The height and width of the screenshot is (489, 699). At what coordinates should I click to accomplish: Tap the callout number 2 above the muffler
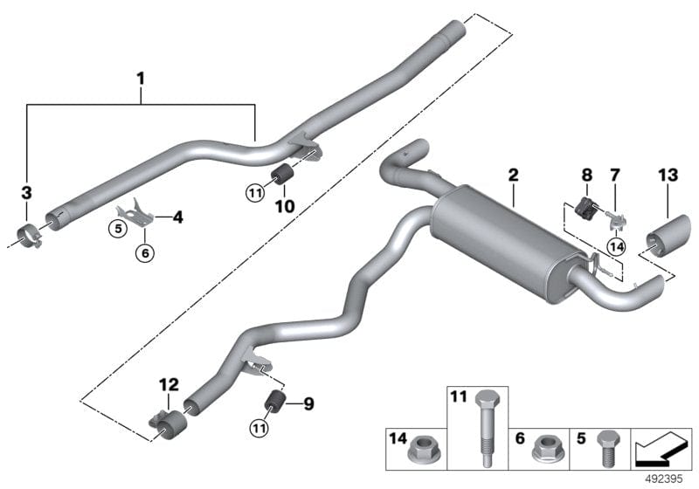point(514,176)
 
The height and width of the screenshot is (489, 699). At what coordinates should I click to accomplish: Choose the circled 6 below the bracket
point(145,253)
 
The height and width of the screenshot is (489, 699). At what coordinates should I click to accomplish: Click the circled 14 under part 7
point(618,246)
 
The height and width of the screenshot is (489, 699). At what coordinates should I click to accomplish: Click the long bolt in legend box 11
point(485,420)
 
